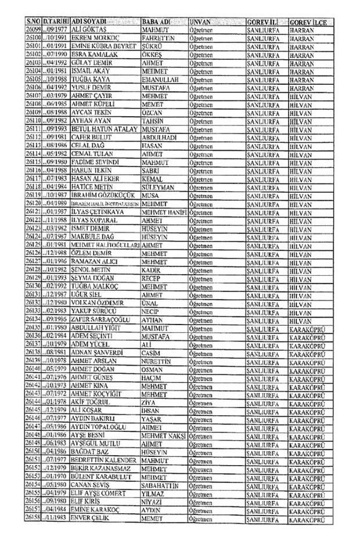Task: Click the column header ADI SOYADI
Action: pos(93,21)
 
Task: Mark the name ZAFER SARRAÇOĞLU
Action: pos(100,319)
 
